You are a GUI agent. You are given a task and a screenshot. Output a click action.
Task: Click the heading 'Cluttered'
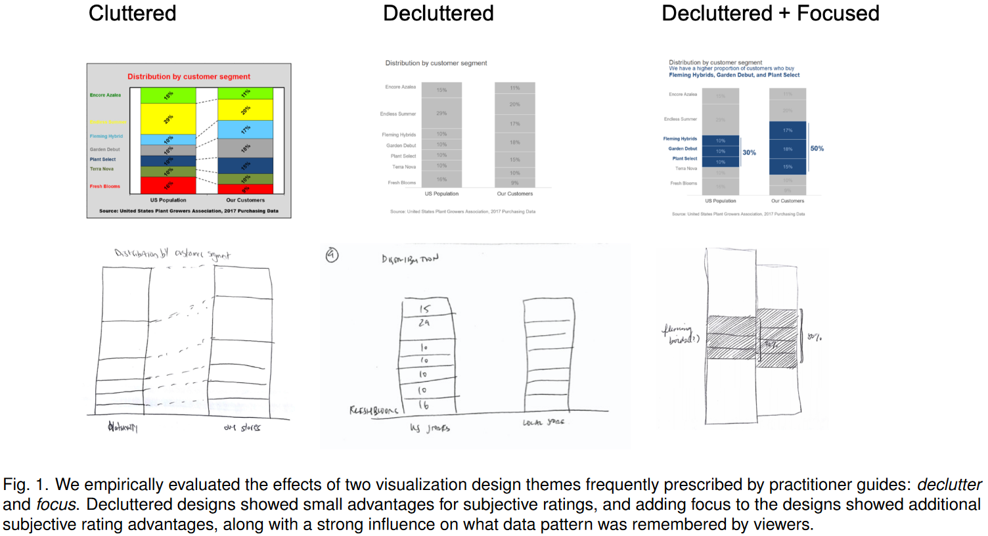click(x=132, y=13)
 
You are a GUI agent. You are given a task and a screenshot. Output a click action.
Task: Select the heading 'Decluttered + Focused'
click(x=770, y=13)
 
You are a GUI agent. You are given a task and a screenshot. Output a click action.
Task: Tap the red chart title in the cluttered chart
click(x=189, y=77)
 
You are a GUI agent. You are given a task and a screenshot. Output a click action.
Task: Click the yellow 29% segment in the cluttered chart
click(x=168, y=119)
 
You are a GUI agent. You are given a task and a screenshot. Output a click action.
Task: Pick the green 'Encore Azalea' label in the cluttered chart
click(x=105, y=95)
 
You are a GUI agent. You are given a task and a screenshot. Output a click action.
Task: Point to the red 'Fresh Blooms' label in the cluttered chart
click(x=105, y=187)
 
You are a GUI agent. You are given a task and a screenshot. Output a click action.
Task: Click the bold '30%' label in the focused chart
click(x=749, y=152)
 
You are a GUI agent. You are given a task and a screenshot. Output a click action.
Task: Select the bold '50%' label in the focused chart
click(x=817, y=148)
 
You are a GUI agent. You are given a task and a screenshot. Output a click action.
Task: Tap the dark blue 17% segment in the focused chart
click(x=787, y=130)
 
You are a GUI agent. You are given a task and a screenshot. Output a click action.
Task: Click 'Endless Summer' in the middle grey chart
click(x=397, y=114)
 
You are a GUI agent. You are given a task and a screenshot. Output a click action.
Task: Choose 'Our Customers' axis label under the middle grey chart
click(x=514, y=194)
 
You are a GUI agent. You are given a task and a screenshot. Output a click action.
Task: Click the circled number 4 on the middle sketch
click(x=332, y=255)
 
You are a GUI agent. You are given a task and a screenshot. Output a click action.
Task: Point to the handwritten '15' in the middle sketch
click(x=424, y=308)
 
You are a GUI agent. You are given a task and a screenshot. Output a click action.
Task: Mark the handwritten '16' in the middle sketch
click(x=424, y=405)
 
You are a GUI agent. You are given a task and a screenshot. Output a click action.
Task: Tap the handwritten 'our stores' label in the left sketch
click(x=242, y=428)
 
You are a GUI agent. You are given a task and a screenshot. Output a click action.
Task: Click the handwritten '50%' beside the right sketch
click(x=815, y=337)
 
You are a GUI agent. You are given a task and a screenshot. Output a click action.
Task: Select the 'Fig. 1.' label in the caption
click(x=26, y=485)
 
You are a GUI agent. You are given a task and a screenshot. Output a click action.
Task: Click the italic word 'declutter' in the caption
click(x=949, y=485)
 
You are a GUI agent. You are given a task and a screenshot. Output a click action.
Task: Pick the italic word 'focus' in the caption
click(x=56, y=504)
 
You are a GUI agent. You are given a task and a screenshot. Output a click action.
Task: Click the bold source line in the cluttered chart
click(x=189, y=211)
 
